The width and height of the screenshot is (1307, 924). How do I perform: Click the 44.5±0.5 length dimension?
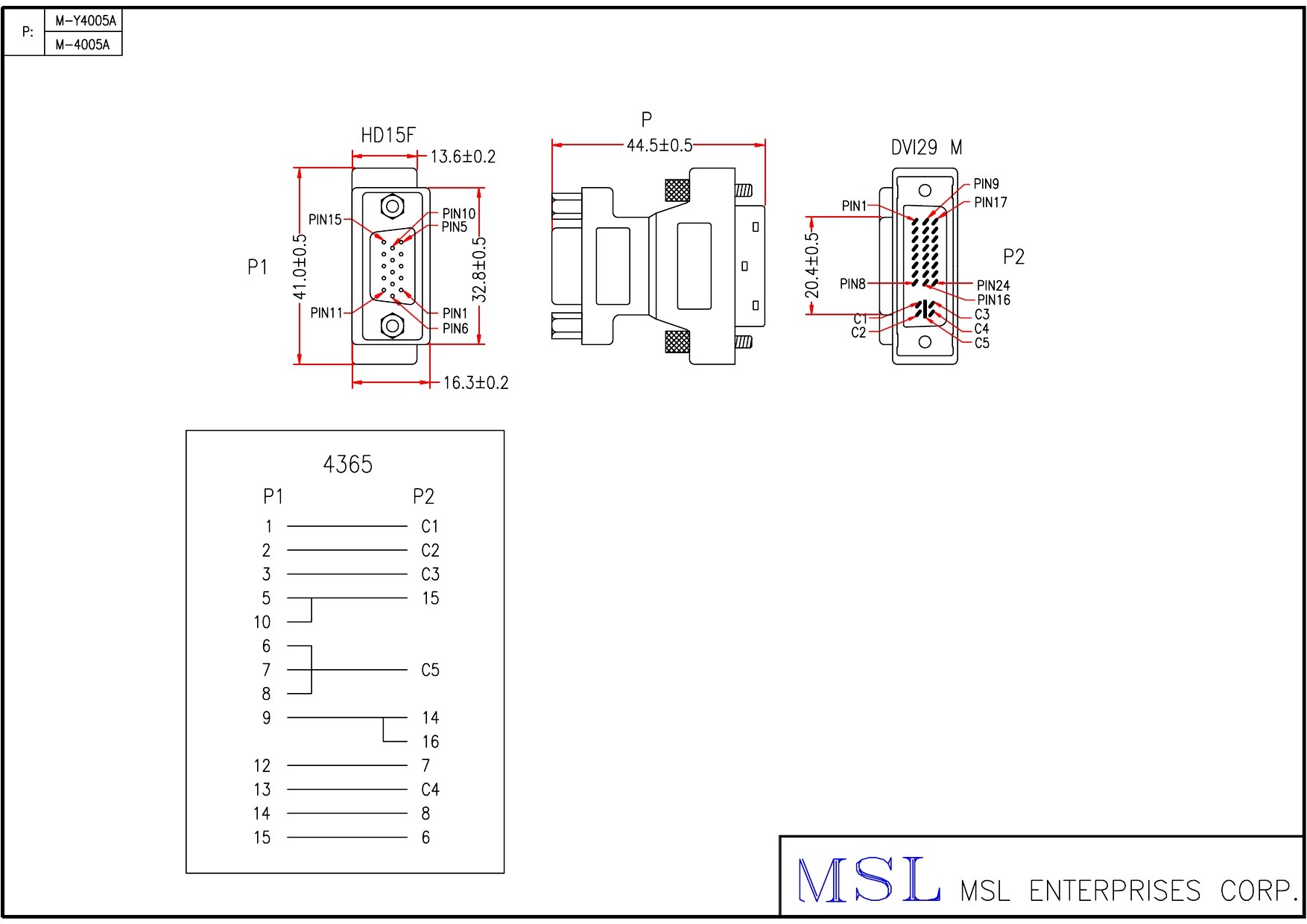coord(659,145)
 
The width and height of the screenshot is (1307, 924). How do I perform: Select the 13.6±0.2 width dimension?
coord(463,156)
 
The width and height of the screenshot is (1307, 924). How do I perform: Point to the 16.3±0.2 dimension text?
coord(475,383)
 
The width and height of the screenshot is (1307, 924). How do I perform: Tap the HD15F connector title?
coord(387,136)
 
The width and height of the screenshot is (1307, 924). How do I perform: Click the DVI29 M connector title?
coord(926,148)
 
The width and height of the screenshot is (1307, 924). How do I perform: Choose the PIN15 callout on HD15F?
coord(325,220)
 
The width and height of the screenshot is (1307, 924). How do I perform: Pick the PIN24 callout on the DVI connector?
coord(993,285)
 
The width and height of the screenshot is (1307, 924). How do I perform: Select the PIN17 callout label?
coord(990,203)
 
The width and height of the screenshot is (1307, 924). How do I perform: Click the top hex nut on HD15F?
coord(392,206)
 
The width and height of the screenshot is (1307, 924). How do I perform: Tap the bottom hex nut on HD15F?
coord(392,326)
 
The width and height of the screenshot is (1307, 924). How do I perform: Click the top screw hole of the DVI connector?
coord(925,191)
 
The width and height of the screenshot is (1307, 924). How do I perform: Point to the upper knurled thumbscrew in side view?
coord(677,191)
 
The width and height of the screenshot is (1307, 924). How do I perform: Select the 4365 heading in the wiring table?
coord(347,465)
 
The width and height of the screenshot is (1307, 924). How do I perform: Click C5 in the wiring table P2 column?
coord(430,671)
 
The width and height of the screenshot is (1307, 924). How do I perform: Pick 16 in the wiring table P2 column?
coord(430,742)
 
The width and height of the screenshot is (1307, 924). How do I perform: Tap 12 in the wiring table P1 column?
coord(262,766)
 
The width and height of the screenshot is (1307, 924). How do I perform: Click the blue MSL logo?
coord(868,881)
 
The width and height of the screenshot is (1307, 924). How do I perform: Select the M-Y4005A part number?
coord(86,21)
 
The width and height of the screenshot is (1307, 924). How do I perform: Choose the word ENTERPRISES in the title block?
coord(1115,891)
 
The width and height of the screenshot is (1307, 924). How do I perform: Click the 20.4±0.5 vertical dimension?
coord(812,265)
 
